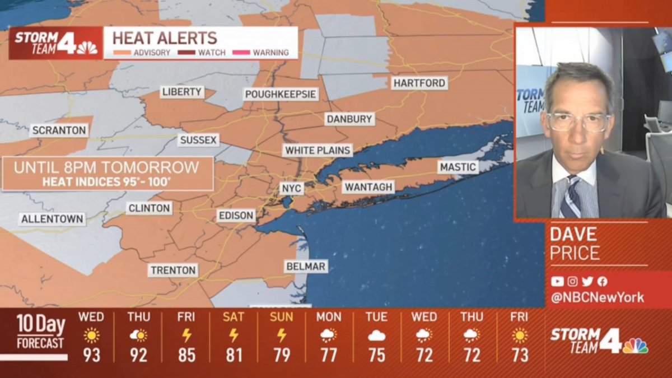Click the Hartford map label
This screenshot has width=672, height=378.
[419, 83]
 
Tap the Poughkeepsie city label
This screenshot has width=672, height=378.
[281, 94]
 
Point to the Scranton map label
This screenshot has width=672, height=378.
[59, 130]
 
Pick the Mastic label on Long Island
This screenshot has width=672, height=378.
[458, 167]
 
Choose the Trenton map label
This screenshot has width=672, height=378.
[174, 270]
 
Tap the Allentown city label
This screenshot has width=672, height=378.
[52, 219]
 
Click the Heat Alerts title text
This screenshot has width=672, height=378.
[165, 38]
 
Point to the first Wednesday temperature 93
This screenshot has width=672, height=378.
[91, 355]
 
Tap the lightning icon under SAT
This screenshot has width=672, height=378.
[234, 335]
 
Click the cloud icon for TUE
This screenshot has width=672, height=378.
[376, 335]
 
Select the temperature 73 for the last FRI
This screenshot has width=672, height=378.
[519, 355]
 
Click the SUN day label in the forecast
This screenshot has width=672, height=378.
[281, 317]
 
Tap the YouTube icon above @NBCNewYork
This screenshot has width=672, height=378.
[557, 282]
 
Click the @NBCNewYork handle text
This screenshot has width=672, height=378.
[597, 298]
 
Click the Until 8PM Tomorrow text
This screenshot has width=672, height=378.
[106, 167]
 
